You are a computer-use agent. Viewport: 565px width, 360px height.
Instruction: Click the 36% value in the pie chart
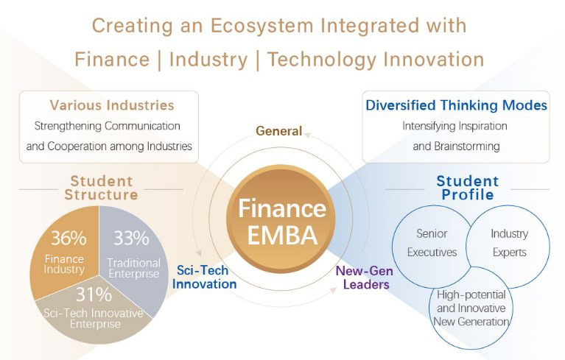click(69, 238)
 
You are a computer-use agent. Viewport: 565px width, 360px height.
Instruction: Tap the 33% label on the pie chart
click(132, 238)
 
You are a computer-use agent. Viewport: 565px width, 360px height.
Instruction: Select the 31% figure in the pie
click(94, 294)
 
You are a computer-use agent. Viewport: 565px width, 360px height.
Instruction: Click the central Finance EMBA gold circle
click(281, 219)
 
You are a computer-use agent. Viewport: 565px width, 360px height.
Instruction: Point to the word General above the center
click(279, 131)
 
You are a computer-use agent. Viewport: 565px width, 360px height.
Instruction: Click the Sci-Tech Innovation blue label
click(204, 277)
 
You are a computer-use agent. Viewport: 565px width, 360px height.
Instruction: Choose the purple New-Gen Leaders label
click(365, 278)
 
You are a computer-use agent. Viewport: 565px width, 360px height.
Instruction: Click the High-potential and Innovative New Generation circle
click(471, 308)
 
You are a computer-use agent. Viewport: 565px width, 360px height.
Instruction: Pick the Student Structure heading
click(101, 188)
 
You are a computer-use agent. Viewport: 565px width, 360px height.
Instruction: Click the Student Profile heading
click(468, 188)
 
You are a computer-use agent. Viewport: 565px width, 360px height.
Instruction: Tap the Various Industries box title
click(112, 105)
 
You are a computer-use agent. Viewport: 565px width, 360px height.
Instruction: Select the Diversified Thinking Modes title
click(456, 105)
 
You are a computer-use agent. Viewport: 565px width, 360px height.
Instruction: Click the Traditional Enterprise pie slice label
click(133, 268)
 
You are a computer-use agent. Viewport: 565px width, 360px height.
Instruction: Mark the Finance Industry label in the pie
click(64, 264)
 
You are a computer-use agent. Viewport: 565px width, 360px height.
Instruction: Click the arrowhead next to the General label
click(307, 135)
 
